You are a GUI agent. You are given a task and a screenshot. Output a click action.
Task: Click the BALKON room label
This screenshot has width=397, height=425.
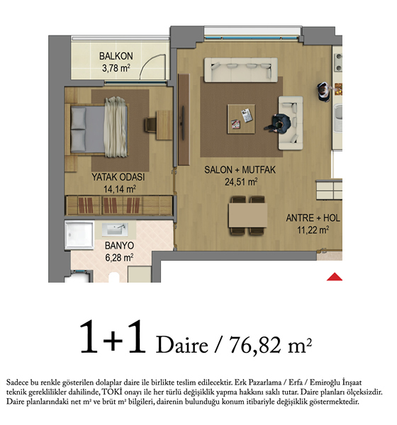[x=116, y=56]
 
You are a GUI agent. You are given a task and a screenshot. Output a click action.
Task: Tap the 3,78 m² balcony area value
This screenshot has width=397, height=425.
[x=116, y=68]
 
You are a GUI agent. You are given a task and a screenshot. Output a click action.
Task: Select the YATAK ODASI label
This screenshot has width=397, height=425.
[x=118, y=177]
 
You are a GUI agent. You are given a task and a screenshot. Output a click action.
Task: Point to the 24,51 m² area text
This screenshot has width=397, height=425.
[x=241, y=181]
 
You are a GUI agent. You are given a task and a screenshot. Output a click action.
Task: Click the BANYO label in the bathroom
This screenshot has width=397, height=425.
[x=119, y=246]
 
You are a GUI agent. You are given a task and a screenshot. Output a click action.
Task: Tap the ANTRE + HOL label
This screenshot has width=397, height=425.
[x=313, y=218]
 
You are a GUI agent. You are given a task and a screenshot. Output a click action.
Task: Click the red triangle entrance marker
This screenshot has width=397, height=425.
[x=335, y=277]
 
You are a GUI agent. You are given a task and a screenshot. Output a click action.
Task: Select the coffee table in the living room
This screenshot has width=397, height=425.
[x=241, y=119]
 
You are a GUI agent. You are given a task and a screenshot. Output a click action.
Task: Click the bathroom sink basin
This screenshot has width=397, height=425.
[x=116, y=229]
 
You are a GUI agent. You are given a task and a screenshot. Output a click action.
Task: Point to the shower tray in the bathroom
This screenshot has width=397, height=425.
[x=79, y=234]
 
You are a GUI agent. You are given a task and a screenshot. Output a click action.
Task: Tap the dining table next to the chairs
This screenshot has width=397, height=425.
[x=247, y=215]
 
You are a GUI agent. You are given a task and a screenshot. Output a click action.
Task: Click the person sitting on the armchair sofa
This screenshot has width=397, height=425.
[x=279, y=123]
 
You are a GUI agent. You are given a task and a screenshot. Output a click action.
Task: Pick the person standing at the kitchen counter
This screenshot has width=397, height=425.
[x=324, y=92]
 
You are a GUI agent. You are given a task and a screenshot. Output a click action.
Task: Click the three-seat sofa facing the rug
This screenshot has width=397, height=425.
[x=241, y=69]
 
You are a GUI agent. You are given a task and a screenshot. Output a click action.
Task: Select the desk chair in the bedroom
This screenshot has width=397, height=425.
[x=150, y=125]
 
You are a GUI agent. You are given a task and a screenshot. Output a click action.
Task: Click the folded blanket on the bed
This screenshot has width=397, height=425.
[x=116, y=127]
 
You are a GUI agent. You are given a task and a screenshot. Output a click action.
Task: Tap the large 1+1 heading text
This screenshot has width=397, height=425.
[x=113, y=337]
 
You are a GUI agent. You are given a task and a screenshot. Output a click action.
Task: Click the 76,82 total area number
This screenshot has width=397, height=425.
[x=255, y=345]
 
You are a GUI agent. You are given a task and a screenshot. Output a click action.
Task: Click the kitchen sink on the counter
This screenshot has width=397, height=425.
[x=338, y=118]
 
